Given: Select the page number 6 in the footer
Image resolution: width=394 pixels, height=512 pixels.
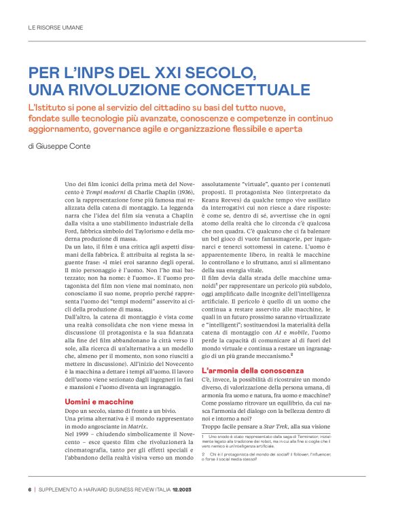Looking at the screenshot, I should tap(29, 488).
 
